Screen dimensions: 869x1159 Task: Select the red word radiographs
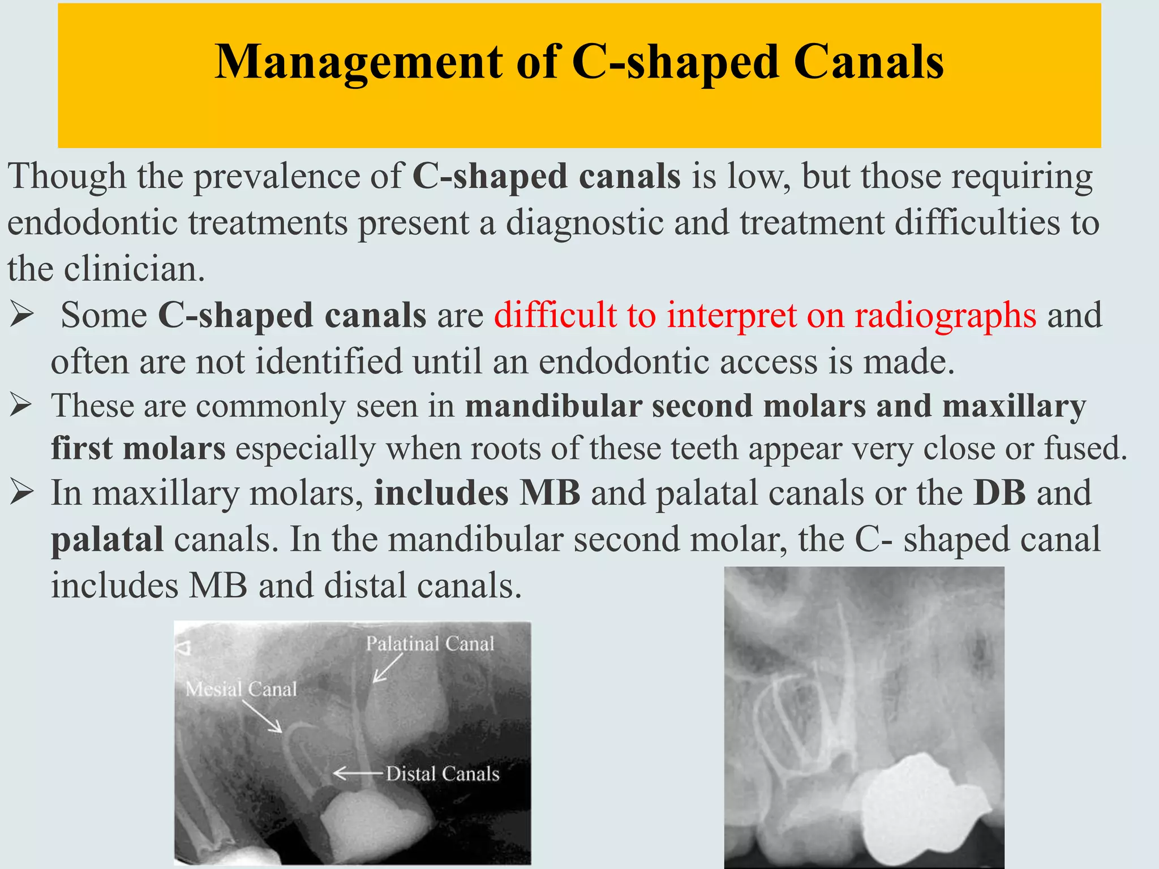pos(945,316)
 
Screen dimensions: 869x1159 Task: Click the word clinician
pos(134,269)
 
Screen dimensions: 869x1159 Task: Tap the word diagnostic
pos(584,222)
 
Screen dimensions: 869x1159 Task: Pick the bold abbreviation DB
pos(999,493)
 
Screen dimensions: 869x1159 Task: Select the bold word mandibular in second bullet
pos(553,406)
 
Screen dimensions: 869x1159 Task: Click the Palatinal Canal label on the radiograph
pos(430,644)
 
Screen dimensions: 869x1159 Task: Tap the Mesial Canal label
pos(241,689)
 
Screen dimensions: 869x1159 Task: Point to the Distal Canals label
pos(443,774)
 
